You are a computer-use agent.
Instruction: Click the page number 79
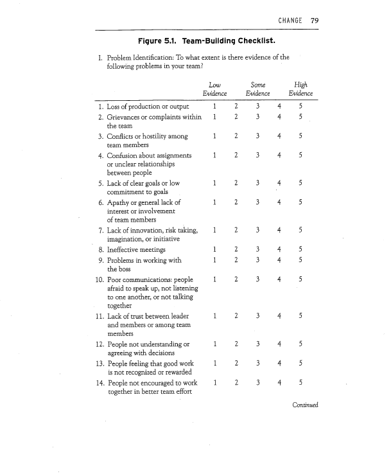tap(314, 20)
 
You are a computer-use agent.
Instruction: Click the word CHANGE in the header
tap(291, 20)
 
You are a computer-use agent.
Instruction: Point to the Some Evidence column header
tap(257, 89)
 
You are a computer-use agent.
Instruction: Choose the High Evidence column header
tap(300, 89)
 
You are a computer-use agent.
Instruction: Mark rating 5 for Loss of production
tap(300, 105)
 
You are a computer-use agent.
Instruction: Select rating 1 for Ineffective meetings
tap(214, 249)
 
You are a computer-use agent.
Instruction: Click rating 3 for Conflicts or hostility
tap(257, 136)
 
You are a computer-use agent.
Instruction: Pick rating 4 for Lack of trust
tap(279, 315)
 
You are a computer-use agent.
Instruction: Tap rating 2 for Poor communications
tap(236, 279)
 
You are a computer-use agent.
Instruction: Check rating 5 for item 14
tap(300, 383)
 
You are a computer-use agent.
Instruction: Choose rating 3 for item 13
tap(257, 364)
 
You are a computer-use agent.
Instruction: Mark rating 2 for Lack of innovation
tap(236, 230)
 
